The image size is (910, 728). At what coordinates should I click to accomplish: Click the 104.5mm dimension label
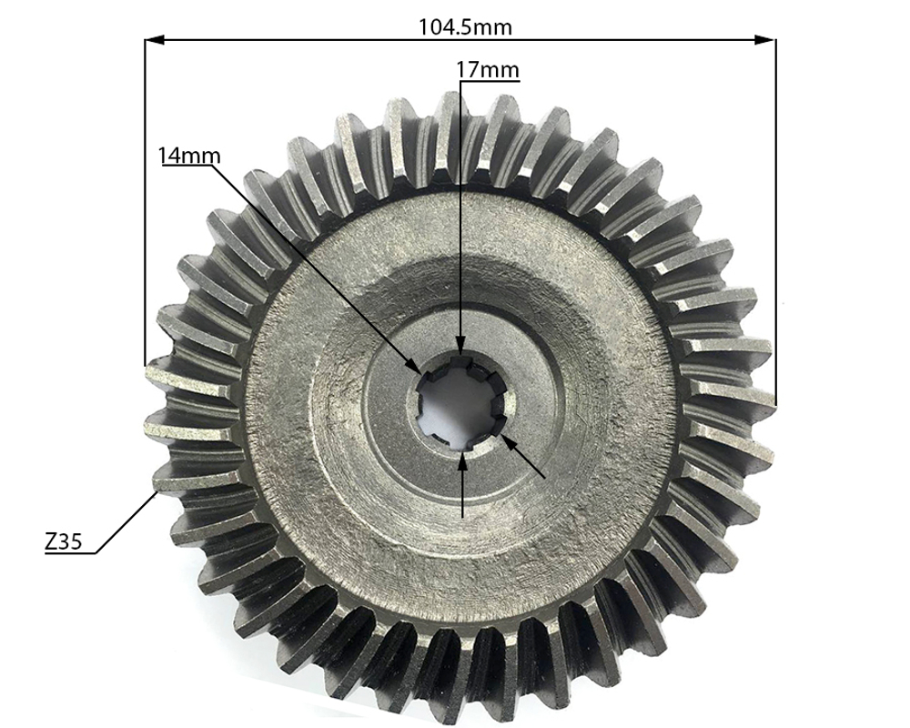click(x=465, y=26)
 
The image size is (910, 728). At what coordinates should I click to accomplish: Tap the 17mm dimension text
click(x=487, y=69)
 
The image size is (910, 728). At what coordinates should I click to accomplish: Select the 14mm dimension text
click(x=189, y=155)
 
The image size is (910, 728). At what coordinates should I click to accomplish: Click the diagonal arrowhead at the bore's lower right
click(x=507, y=443)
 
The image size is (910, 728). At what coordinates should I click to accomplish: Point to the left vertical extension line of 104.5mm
click(x=145, y=200)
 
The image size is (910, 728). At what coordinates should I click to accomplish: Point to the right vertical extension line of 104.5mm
click(x=776, y=218)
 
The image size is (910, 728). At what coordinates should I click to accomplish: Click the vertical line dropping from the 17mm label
click(x=461, y=209)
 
